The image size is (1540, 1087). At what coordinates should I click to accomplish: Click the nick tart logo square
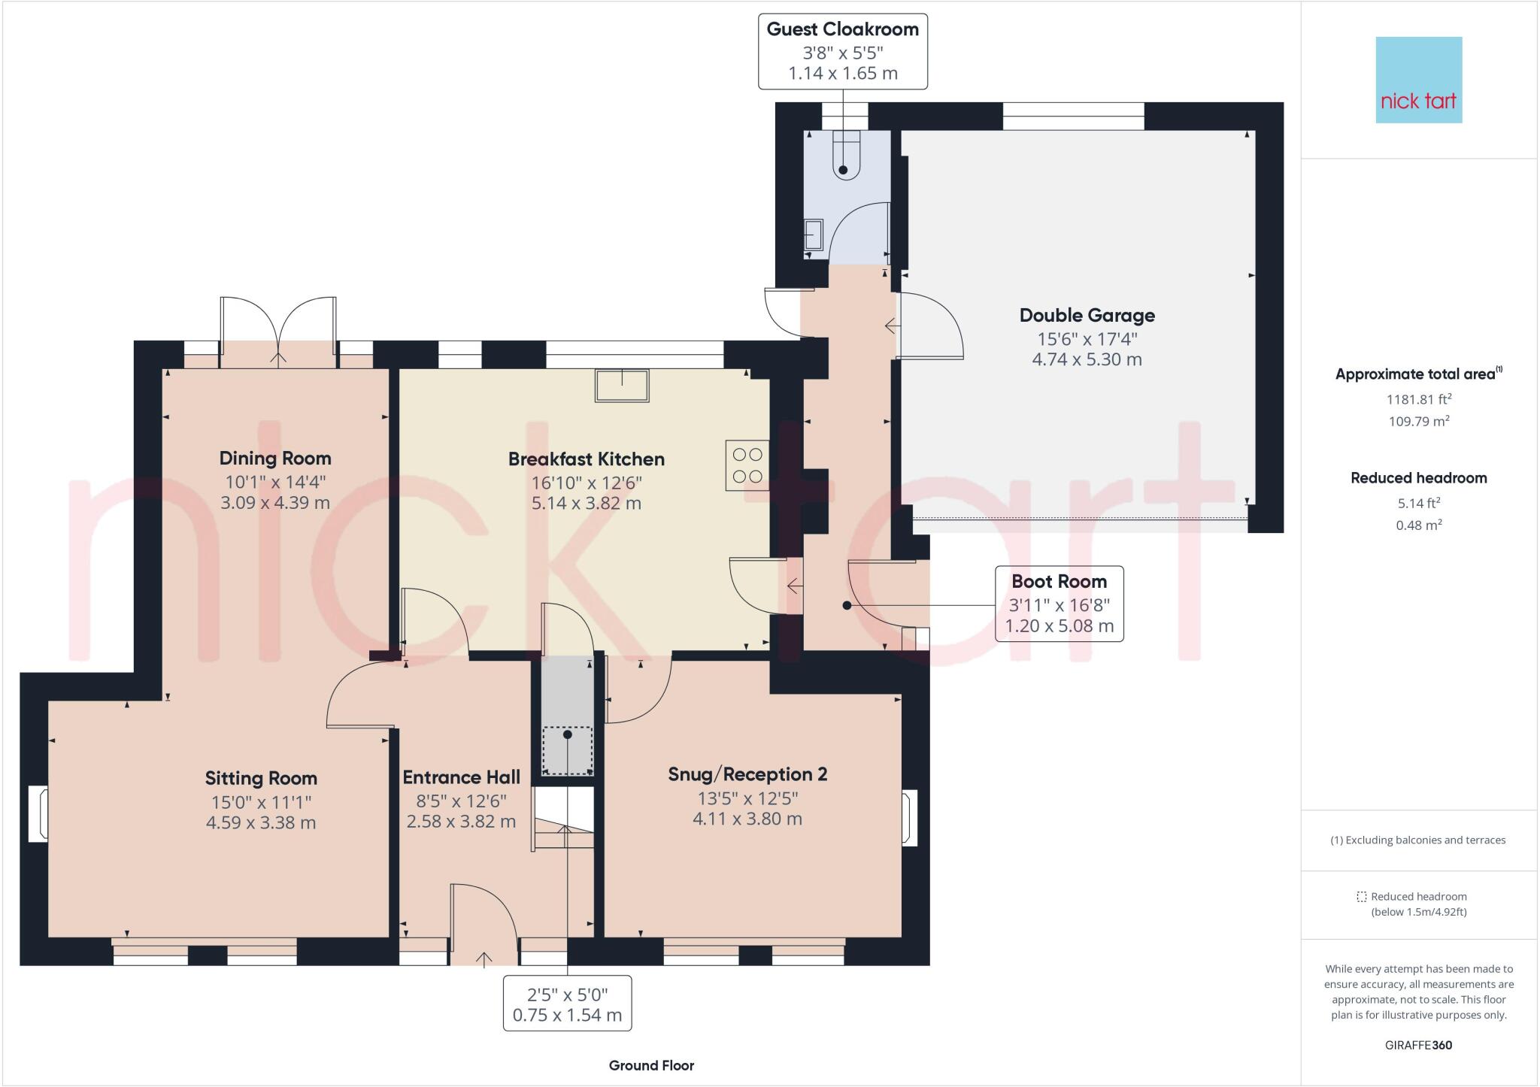coord(1418,80)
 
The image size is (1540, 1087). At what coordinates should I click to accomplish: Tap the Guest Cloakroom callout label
coord(842,51)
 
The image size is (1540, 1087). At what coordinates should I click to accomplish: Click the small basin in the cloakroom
coord(813,234)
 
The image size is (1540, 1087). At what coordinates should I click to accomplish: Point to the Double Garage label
coord(1087,316)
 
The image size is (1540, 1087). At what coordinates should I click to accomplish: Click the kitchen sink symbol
coord(622,385)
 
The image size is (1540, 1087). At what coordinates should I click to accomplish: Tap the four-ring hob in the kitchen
coord(747,465)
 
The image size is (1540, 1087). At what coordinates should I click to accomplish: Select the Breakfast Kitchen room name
coord(586,459)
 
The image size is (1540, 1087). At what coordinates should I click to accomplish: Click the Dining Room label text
coord(275,459)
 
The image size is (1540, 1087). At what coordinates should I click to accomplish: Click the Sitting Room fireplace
coord(38,813)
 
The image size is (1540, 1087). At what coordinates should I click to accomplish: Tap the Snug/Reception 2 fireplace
coord(910,818)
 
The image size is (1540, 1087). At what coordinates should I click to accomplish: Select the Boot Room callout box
coord(1059,604)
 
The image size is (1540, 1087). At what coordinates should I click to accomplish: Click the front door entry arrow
coord(484,958)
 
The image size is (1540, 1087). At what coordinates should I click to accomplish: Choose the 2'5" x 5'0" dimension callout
coord(567,1004)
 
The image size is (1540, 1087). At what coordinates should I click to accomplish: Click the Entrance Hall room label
coord(461,777)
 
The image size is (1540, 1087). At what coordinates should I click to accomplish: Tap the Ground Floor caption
coord(651,1065)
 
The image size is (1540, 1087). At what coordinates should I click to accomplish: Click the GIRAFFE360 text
coord(1418,1045)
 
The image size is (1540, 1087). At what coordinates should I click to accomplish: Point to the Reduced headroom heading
coord(1418,478)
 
